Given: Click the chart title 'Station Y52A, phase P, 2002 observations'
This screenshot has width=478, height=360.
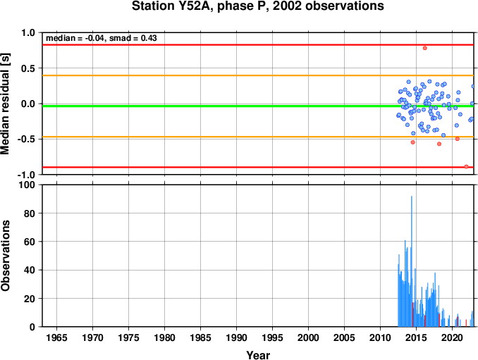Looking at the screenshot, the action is (x=257, y=6).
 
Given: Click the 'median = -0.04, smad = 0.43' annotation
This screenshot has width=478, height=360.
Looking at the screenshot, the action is (x=102, y=38).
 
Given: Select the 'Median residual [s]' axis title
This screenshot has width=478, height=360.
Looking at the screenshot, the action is (x=5, y=104).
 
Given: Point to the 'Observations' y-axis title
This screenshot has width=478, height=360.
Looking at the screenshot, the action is (x=5, y=256).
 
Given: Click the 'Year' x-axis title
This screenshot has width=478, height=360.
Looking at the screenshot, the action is (x=258, y=355).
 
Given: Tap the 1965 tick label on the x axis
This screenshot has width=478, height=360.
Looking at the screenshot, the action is (x=56, y=337).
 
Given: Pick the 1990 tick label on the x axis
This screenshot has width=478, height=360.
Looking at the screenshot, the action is (x=237, y=337).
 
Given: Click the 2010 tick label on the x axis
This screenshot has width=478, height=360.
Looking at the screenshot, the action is (x=380, y=337).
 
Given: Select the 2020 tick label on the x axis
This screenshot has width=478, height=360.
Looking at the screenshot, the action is (x=452, y=337).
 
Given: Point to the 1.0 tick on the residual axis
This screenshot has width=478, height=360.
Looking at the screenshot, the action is (x=28, y=32).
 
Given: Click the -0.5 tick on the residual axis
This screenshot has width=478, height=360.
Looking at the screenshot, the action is (x=26, y=139).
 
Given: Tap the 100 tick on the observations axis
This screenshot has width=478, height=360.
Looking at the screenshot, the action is (x=27, y=185).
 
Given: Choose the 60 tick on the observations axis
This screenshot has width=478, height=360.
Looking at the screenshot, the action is (x=30, y=242).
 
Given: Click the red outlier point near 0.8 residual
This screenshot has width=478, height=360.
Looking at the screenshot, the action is (x=424, y=48).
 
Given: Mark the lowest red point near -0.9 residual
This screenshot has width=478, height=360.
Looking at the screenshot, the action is (x=466, y=166).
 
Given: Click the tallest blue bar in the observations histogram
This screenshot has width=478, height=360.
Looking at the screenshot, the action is (x=412, y=261).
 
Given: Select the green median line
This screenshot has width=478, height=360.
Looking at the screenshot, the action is (x=258, y=106).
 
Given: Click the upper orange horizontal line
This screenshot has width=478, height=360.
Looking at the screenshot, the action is (x=258, y=75).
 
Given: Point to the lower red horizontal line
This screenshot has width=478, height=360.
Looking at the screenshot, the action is (x=258, y=167).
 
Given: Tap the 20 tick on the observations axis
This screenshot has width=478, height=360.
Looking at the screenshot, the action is (x=30, y=299).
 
